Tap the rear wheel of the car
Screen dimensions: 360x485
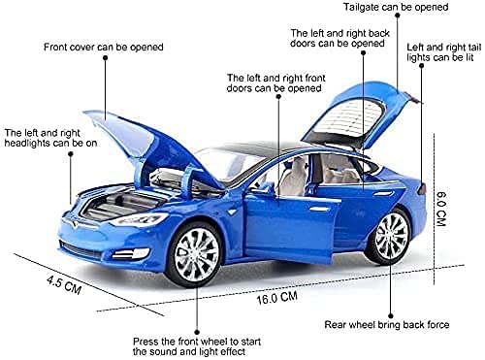coord(391,236)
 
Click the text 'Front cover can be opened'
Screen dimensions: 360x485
coord(104,46)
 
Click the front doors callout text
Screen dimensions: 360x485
coord(275,82)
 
